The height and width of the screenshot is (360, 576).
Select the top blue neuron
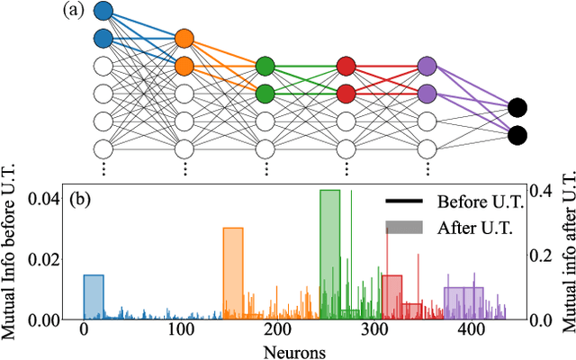click(x=103, y=12)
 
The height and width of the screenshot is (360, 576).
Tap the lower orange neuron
click(x=184, y=66)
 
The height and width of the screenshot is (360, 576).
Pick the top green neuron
click(x=265, y=66)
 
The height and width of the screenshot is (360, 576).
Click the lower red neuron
click(x=346, y=93)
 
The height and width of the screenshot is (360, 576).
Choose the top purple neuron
click(x=427, y=66)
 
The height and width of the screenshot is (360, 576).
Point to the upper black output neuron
click(x=517, y=108)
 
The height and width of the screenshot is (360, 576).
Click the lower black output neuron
click(x=517, y=136)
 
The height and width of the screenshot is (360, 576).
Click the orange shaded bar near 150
click(x=233, y=274)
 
